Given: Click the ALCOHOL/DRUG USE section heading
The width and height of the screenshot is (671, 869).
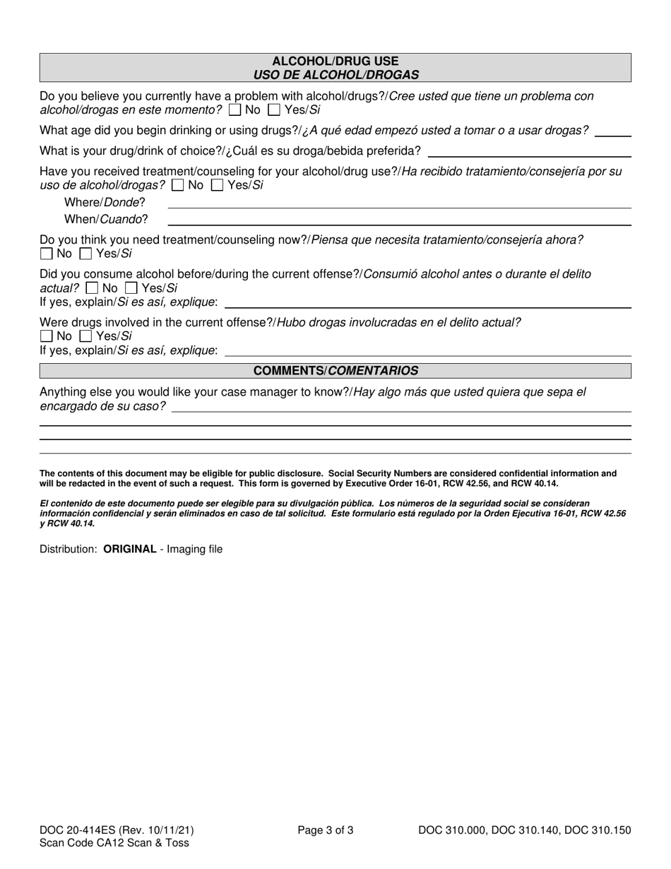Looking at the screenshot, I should click(x=335, y=61).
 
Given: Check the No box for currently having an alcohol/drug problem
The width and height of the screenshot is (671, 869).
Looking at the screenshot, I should click(x=235, y=110).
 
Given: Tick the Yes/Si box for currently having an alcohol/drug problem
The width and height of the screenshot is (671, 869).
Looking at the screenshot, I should click(x=275, y=110).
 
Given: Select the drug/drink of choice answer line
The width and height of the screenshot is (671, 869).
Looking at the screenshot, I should click(x=529, y=151).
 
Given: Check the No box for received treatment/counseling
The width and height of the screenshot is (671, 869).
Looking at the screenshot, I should click(x=178, y=185).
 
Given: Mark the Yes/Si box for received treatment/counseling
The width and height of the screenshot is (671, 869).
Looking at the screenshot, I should click(x=218, y=185).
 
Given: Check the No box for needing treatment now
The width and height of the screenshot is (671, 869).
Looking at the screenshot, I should click(x=47, y=254).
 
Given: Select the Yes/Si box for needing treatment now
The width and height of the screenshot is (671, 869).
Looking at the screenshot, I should click(x=86, y=254).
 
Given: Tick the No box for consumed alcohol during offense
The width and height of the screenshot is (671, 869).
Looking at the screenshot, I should click(x=92, y=288).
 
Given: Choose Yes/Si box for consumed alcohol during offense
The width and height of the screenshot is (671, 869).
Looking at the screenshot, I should click(x=131, y=288).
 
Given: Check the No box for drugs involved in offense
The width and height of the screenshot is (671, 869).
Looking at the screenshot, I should click(x=47, y=336).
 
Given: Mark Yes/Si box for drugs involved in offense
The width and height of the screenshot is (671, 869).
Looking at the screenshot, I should click(x=86, y=336).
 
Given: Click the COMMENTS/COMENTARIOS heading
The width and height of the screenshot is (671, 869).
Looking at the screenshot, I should click(x=335, y=371).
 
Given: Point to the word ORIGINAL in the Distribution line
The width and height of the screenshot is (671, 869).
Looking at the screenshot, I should click(x=130, y=549).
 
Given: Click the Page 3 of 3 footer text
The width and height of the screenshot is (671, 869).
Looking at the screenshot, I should click(x=326, y=830).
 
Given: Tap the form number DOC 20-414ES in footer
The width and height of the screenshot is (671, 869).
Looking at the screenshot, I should click(x=77, y=830).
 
